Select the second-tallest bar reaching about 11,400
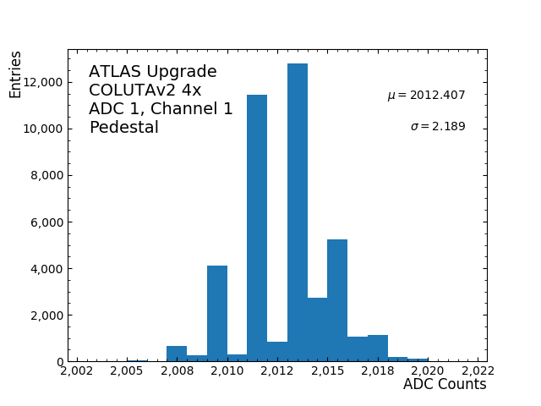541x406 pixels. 257,228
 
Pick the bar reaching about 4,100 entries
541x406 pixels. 217,314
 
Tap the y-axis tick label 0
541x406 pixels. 60,362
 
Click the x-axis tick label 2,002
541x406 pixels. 78,370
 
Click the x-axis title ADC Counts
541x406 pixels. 445,385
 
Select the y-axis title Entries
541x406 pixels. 16,74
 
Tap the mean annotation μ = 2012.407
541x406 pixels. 426,96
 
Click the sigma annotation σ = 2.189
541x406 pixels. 438,127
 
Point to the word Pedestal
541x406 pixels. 123,128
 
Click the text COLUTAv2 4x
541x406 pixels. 145,91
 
